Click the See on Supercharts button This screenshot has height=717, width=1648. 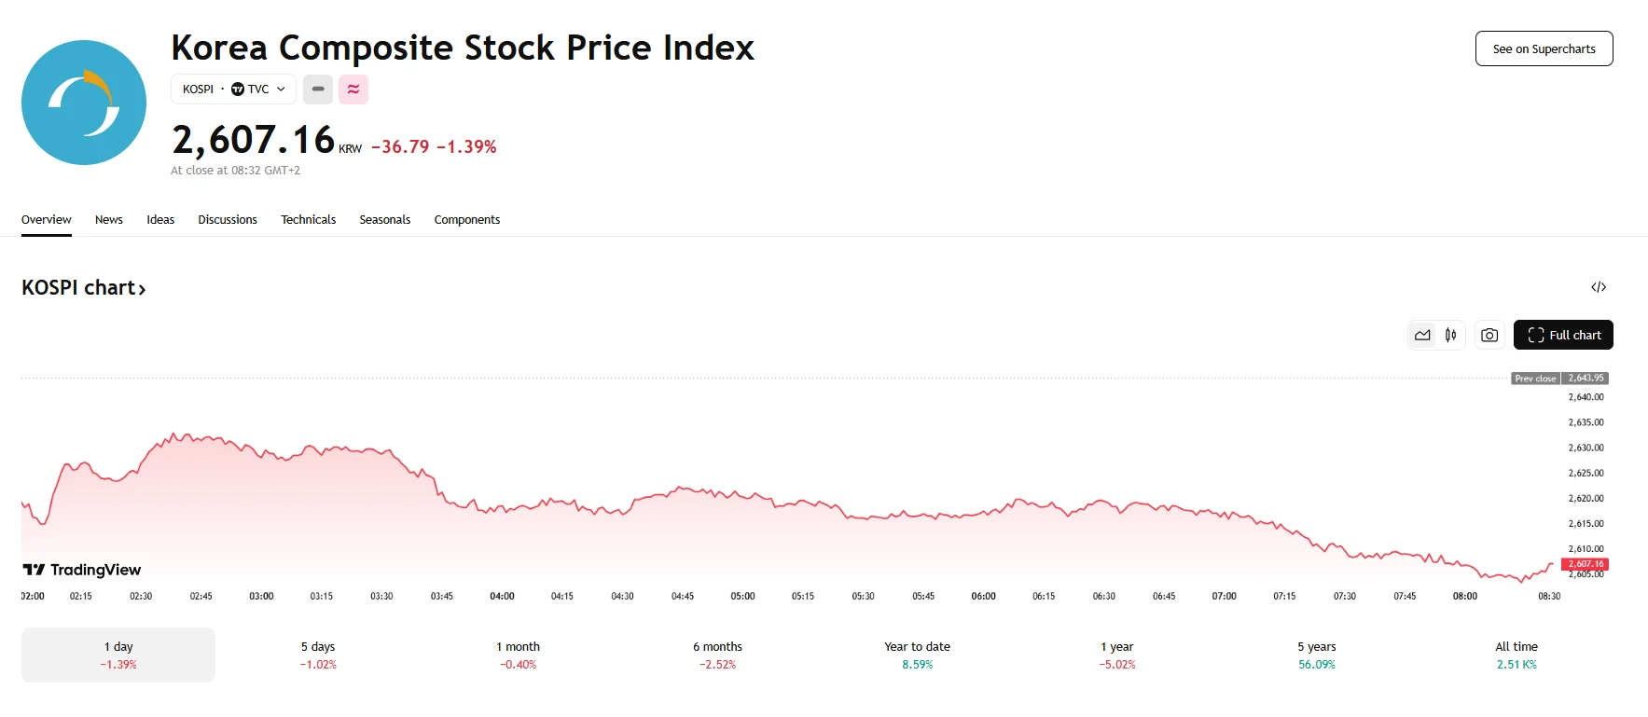coord(1544,48)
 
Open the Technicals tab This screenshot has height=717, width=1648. coord(308,220)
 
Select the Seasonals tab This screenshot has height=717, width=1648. coord(384,220)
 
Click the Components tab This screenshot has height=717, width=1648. coord(466,220)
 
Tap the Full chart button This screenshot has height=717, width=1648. coord(1563,335)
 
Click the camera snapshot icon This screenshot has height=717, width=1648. coord(1489,335)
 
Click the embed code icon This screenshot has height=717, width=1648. coord(1599,287)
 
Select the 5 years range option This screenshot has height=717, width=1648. coord(1316,655)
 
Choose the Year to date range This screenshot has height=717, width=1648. coord(917,655)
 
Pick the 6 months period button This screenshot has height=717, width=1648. coord(717,655)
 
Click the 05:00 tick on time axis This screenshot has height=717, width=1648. coord(742,596)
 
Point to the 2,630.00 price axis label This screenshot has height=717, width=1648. coord(1586,448)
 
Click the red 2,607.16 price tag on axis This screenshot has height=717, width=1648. coord(1585,564)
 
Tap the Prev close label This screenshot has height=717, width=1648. coord(1535,379)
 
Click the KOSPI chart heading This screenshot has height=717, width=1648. coord(83,288)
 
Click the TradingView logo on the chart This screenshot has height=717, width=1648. coord(82,570)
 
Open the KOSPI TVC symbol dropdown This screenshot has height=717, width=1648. coord(233,90)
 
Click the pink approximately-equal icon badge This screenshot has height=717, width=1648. coord(353,90)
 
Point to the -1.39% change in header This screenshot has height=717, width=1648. coord(466,147)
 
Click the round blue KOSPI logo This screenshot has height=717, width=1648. coord(84,103)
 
